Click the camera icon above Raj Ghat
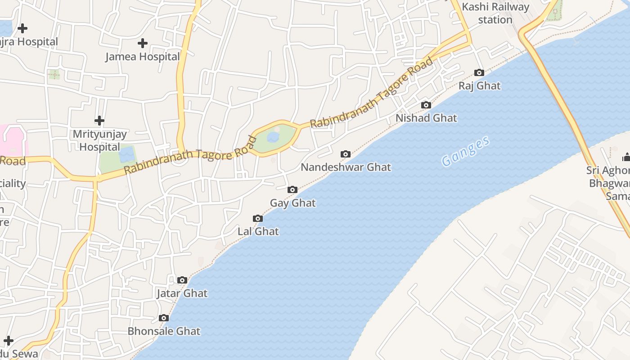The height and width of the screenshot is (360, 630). click(479, 72)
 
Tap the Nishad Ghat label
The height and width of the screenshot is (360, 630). click(426, 118)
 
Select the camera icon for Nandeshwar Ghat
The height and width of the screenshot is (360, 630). click(346, 154)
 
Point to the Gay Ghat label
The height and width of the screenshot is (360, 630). click(292, 203)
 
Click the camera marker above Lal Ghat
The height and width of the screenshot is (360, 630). click(258, 218)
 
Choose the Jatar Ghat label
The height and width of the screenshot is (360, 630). click(182, 293)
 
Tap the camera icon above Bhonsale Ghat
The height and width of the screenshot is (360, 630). click(164, 318)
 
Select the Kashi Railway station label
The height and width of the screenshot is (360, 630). click(495, 13)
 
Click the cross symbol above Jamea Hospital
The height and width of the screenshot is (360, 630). click(143, 43)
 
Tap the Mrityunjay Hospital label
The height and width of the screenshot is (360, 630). click(99, 140)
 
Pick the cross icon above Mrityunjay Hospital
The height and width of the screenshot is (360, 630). click(99, 121)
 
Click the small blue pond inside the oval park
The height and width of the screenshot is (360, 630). click(273, 137)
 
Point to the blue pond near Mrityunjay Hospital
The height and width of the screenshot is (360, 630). click(127, 154)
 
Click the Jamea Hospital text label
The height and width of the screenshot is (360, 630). click(143, 57)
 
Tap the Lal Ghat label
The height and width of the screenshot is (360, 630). click(258, 232)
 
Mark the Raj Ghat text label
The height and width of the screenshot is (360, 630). click(479, 86)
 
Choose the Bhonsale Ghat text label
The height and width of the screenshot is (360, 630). click(164, 331)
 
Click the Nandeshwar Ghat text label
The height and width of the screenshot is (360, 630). click(346, 167)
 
